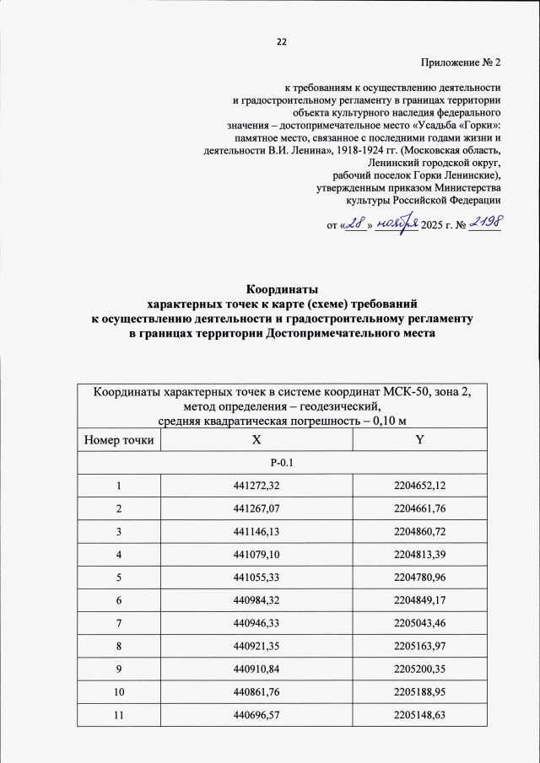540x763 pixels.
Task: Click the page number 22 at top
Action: [x=281, y=42]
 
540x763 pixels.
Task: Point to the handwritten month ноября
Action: [x=397, y=223]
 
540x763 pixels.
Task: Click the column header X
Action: [x=254, y=439]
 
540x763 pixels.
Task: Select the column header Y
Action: [x=419, y=439]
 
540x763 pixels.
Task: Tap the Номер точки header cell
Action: [x=119, y=439]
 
